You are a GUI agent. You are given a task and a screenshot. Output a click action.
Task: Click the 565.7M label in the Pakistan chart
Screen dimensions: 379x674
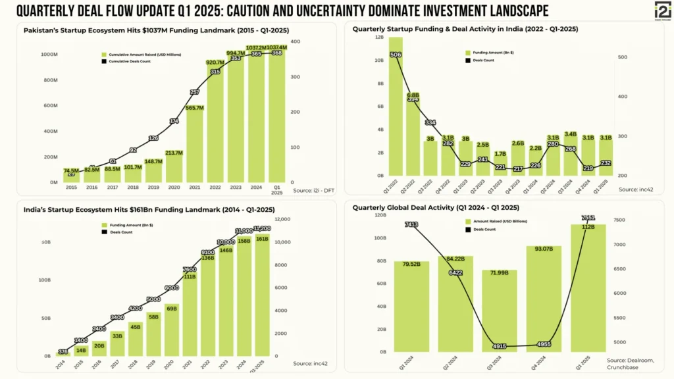click(195, 108)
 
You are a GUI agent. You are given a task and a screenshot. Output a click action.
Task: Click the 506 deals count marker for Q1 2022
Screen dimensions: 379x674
click(396, 55)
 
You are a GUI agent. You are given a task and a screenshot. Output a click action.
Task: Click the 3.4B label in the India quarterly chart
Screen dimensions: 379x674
click(570, 134)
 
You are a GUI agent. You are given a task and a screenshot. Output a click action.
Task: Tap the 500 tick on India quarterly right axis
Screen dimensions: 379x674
click(622, 57)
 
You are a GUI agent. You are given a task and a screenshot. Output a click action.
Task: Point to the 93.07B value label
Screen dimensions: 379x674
click(543, 248)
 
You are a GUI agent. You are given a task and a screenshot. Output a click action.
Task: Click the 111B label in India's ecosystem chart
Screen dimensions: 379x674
click(189, 276)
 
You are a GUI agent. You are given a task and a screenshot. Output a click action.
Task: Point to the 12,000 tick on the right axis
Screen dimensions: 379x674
click(281, 219)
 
